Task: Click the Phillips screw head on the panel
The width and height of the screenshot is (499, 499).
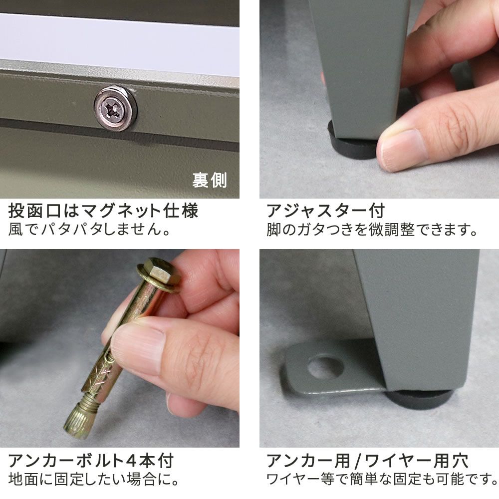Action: click(x=115, y=108)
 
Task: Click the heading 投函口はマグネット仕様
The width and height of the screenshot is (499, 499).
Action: click(x=103, y=211)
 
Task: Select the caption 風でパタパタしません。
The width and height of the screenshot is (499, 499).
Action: click(x=90, y=231)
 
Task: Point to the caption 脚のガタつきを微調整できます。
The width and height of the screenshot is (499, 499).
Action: click(x=372, y=231)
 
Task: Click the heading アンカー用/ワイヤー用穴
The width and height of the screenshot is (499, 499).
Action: click(x=367, y=461)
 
